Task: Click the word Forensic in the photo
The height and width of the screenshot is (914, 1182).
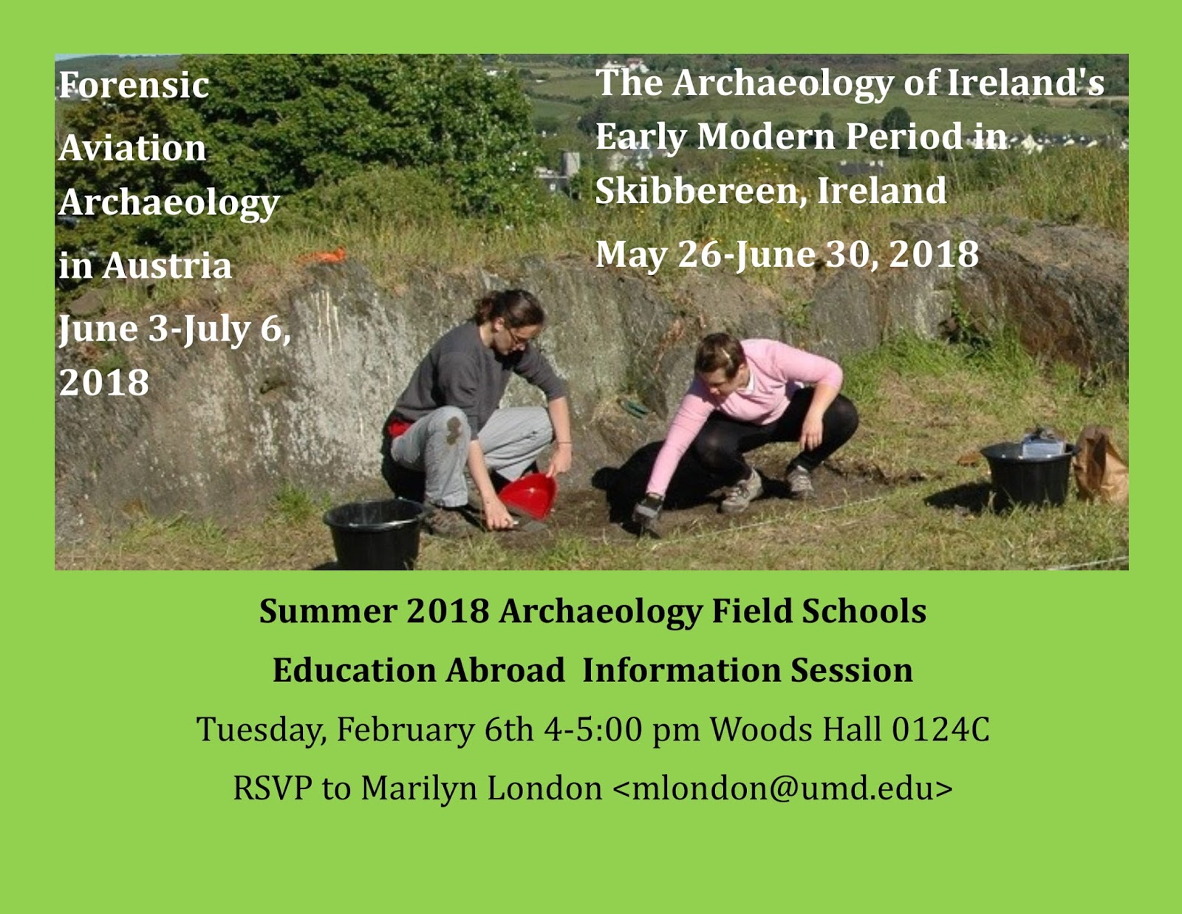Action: (x=134, y=86)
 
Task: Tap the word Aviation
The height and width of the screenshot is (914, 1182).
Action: (x=133, y=149)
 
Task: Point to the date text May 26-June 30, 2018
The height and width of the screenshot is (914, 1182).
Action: (x=787, y=255)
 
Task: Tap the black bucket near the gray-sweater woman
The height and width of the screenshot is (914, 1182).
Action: (x=375, y=532)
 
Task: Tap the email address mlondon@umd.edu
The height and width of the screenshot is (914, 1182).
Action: (x=782, y=788)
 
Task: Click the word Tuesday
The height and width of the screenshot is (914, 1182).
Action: (x=260, y=730)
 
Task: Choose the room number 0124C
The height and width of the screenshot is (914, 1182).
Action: (x=940, y=729)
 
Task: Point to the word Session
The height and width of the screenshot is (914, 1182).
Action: (x=851, y=670)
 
